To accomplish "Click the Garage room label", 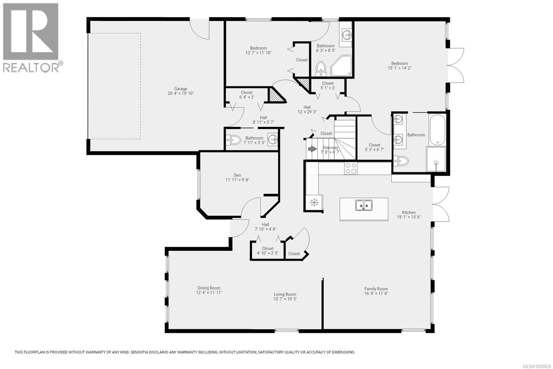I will click(180, 89).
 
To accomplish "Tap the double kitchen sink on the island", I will click(364, 206).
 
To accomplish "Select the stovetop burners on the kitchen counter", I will click(350, 168).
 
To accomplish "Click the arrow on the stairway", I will click(312, 149).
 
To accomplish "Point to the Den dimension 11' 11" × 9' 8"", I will click(237, 180).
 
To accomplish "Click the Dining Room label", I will click(209, 288).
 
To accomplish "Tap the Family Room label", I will click(376, 289).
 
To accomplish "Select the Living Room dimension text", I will click(285, 299).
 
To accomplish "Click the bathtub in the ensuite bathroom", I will click(437, 130).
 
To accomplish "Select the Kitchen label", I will click(409, 213).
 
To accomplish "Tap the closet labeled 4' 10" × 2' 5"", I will click(268, 251).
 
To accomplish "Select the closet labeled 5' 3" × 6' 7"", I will click(374, 147).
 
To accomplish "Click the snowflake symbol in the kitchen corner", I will click(314, 202).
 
